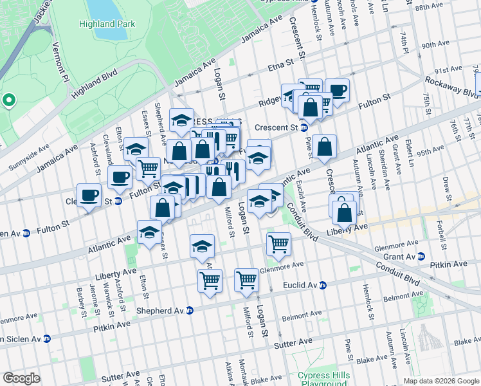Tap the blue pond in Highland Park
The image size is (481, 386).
(101, 7)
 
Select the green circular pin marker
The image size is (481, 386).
(8, 100)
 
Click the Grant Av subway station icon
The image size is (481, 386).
(421, 256)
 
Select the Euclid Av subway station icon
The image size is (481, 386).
(323, 285)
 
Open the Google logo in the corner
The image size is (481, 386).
(22, 378)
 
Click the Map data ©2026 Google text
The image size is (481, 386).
(440, 381)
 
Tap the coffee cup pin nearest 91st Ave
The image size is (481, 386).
(336, 90)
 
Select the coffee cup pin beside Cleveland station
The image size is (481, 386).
(89, 195)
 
